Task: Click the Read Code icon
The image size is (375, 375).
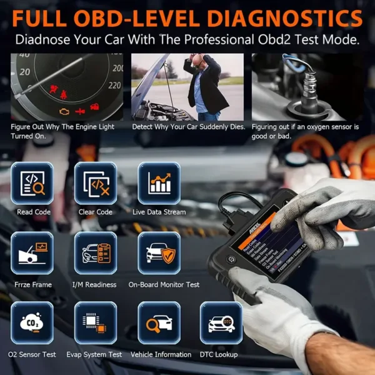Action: [32, 183]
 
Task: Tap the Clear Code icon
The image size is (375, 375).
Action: [96, 183]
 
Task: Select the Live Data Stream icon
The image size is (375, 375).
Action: [159, 183]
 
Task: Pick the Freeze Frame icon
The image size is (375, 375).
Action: [32, 253]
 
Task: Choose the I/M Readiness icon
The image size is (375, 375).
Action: [96, 253]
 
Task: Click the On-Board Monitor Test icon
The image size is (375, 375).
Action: [159, 253]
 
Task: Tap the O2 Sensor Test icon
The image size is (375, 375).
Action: [32, 323]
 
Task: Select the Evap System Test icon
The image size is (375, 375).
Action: [96, 323]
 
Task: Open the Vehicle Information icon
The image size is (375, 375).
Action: [159, 323]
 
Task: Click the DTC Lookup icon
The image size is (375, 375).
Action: [221, 323]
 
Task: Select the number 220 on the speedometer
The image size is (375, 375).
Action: [114, 84]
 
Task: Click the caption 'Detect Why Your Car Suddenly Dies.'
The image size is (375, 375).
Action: [187, 127]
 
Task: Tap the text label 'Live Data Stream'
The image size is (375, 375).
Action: [159, 212]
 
